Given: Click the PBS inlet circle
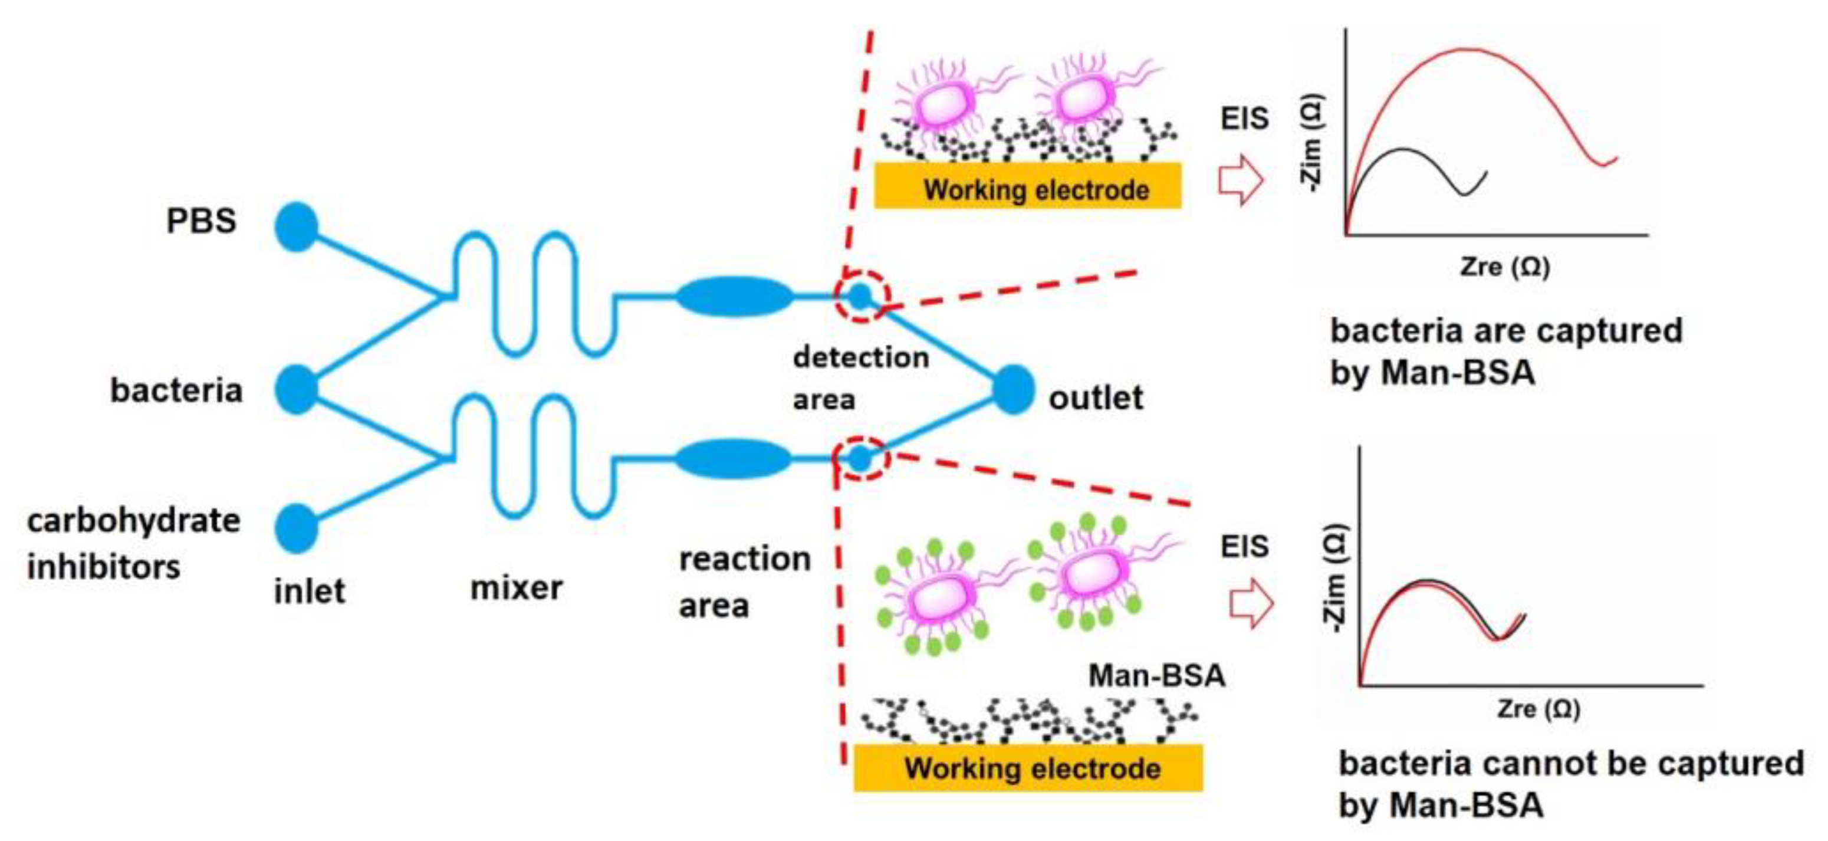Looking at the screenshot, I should [x=297, y=227].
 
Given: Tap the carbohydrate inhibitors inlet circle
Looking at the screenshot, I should [x=297, y=528].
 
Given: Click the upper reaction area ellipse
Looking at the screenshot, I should [x=735, y=296].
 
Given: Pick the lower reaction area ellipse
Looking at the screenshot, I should [x=733, y=458].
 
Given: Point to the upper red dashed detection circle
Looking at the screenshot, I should [x=861, y=296].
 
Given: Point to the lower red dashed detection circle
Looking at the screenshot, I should [x=861, y=458].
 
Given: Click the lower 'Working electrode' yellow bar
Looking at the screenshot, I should [x=1028, y=768].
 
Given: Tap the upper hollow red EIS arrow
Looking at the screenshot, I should [x=1241, y=179].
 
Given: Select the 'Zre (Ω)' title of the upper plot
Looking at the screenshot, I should [x=1504, y=267].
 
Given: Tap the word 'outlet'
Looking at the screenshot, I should [x=1096, y=398].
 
